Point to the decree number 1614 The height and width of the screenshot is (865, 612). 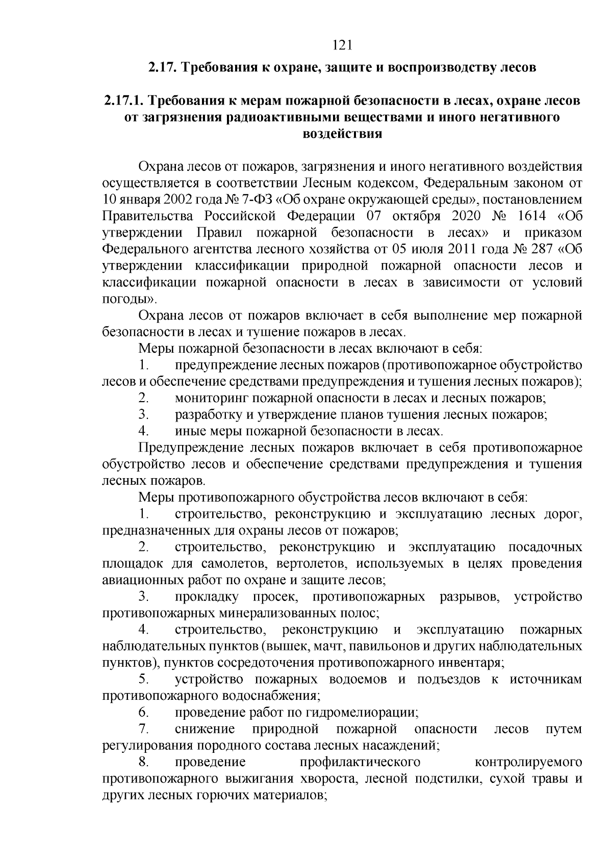532,216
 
